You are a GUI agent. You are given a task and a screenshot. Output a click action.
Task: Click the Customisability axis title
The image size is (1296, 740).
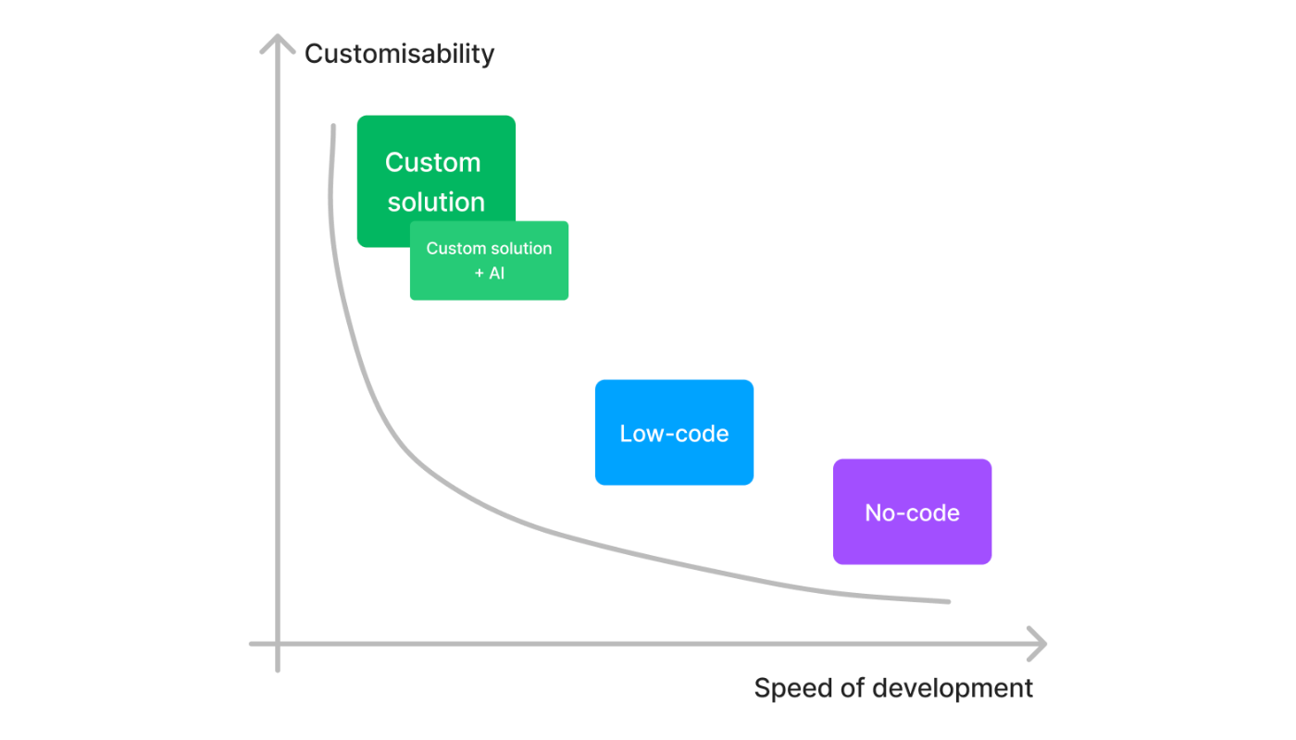(399, 55)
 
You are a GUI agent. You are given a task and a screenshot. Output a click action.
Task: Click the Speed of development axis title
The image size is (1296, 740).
(893, 688)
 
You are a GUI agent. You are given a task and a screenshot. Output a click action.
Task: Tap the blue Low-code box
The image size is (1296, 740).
(674, 433)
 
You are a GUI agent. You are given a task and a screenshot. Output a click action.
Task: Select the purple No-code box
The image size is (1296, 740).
(913, 512)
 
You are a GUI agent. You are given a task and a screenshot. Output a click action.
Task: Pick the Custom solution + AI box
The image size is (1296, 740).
(490, 261)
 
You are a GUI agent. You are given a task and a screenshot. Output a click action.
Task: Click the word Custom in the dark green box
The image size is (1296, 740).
(433, 163)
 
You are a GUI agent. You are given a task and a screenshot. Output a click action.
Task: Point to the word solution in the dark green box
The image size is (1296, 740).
(436, 203)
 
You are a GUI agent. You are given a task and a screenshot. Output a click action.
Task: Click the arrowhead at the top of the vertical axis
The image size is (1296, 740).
(278, 35)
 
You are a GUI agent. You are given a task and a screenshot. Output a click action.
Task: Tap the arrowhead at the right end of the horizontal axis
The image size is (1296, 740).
(1045, 644)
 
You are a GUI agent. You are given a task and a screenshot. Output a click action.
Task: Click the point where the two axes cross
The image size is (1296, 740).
(278, 644)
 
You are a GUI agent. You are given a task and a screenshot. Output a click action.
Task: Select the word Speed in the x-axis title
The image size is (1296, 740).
(793, 688)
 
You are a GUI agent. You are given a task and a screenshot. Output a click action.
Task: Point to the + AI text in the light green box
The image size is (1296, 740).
(490, 274)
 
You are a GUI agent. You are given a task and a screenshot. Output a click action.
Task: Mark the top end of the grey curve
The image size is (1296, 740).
(333, 126)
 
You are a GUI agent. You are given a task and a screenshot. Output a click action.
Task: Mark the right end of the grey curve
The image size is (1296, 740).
(948, 602)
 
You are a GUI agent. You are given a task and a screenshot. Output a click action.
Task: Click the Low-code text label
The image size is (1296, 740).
(674, 434)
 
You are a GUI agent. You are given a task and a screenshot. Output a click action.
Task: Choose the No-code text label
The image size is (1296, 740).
(913, 512)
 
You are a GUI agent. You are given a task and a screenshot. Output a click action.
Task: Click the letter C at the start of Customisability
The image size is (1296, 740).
(314, 54)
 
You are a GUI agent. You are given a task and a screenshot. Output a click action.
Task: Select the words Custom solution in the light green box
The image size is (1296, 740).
(489, 248)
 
